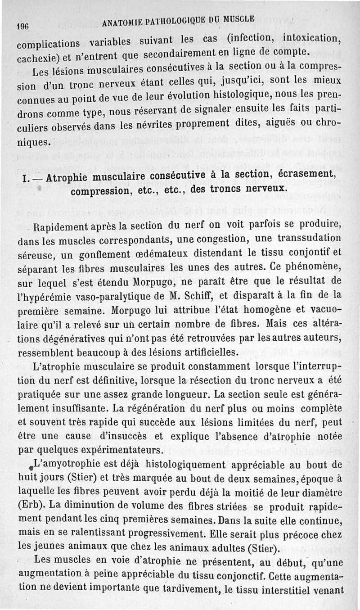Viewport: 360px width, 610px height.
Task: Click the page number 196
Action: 22,26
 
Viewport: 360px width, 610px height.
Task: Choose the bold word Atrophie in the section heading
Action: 76,178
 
